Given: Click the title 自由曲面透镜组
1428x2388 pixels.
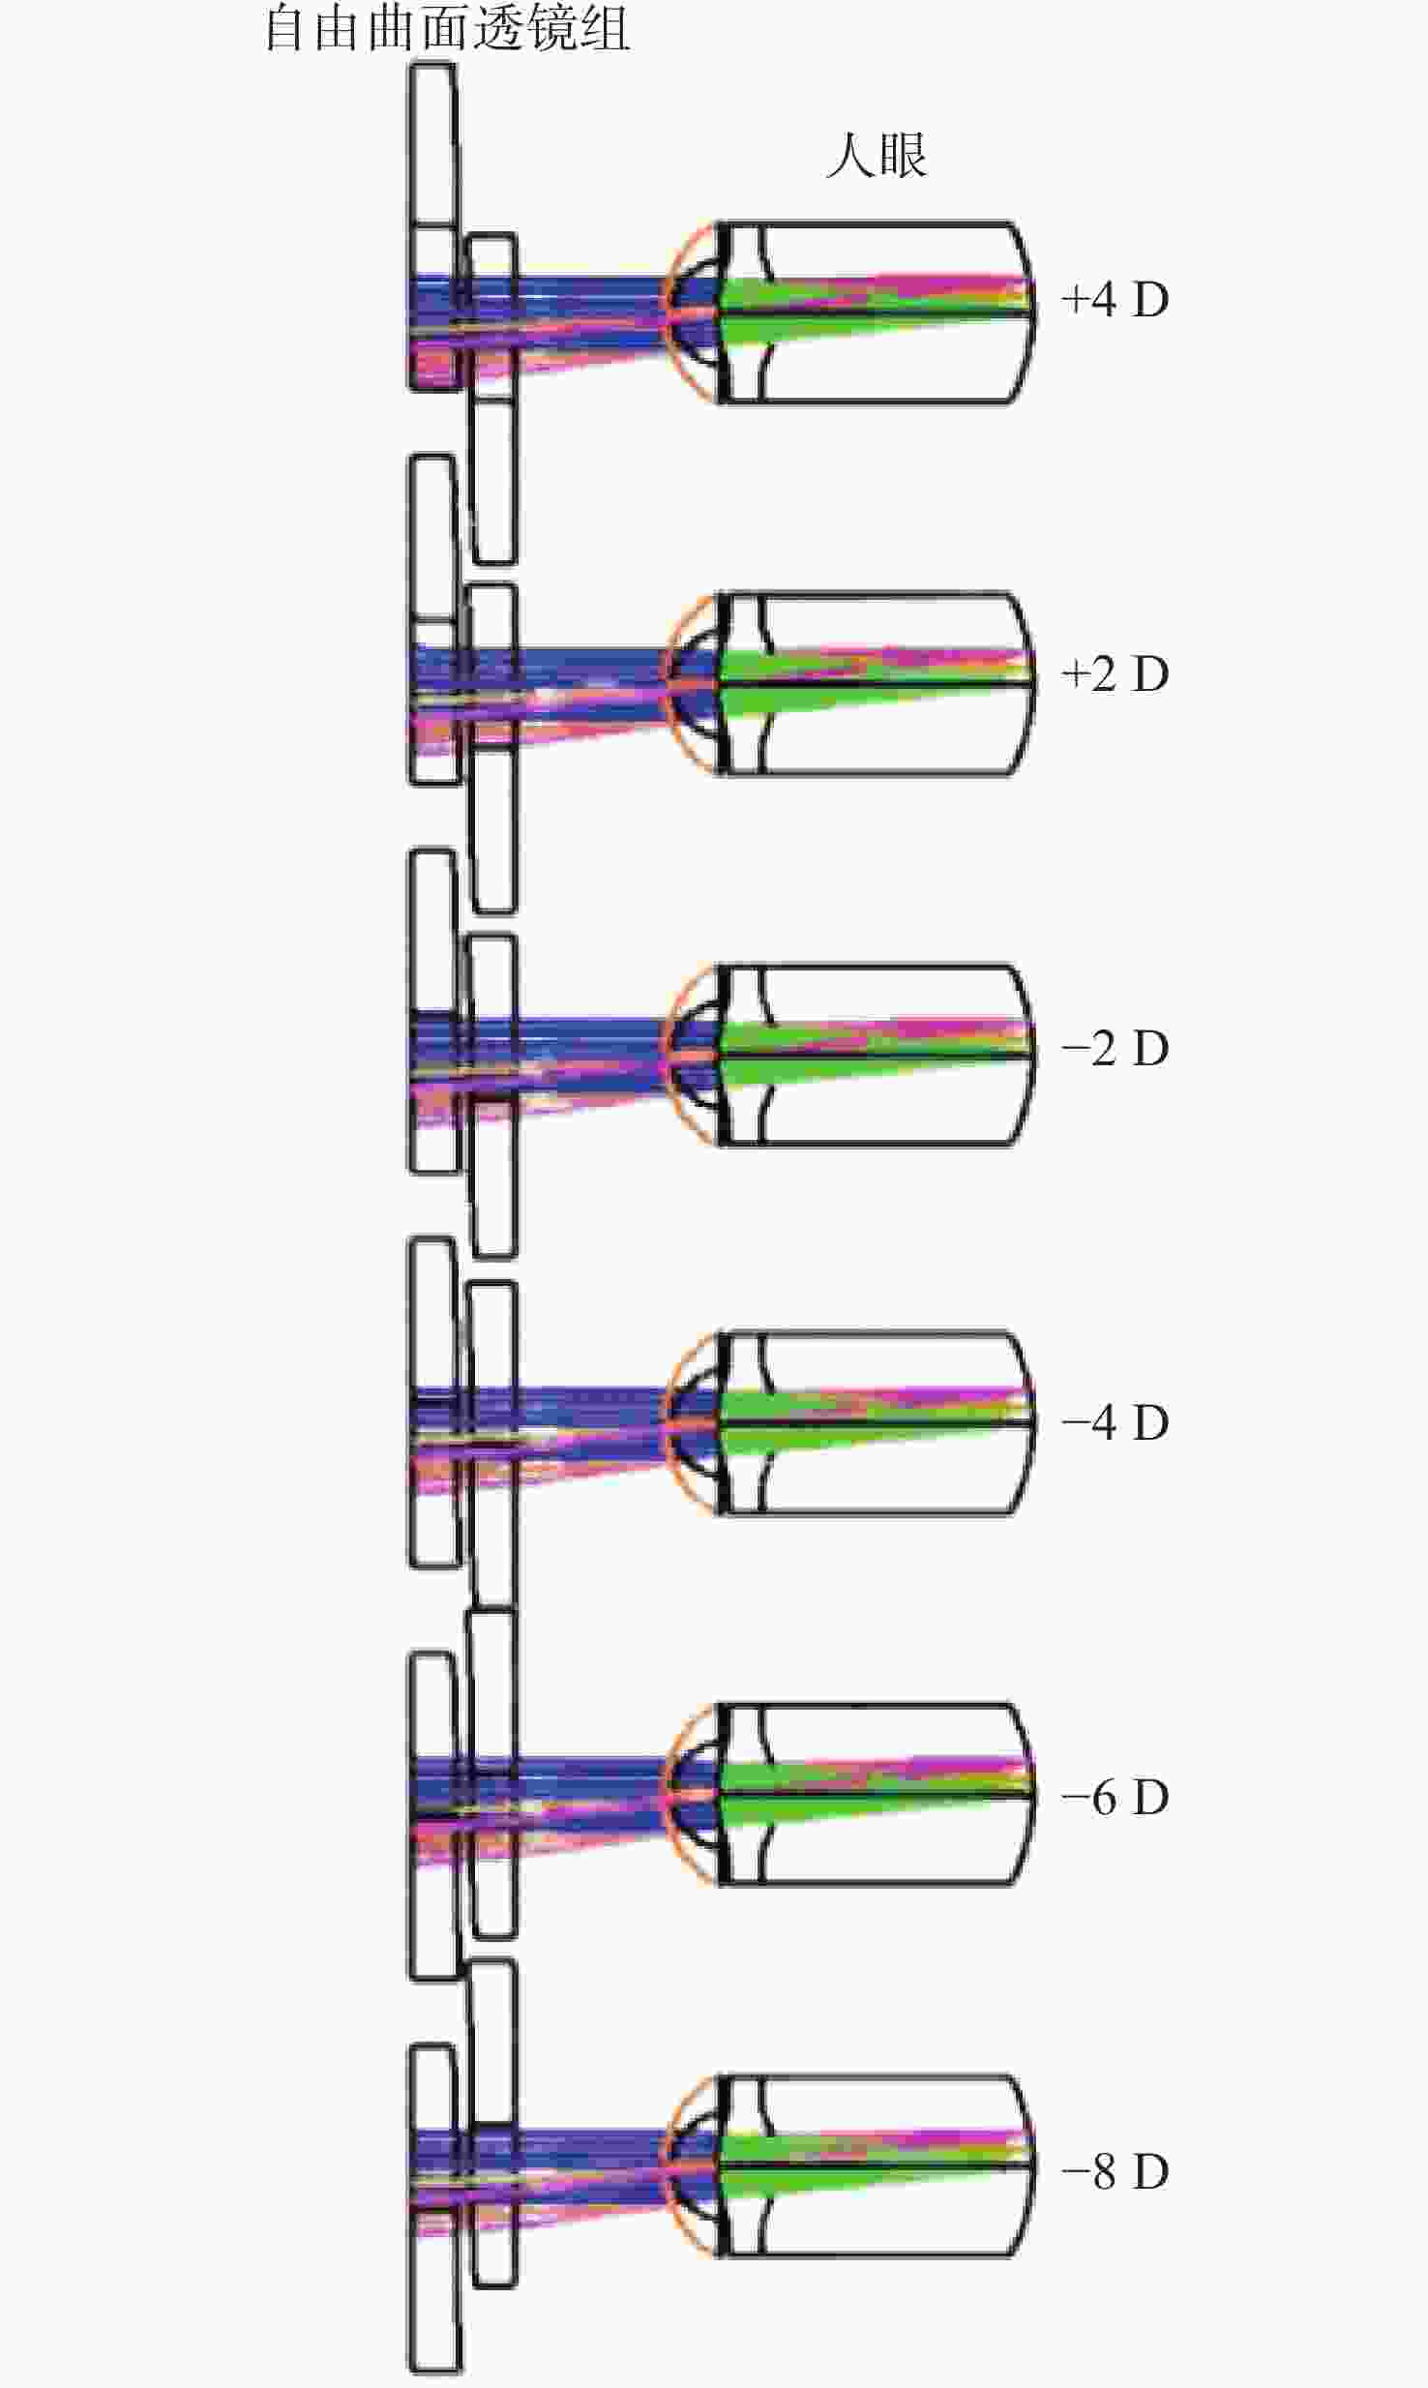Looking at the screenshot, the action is tap(448, 27).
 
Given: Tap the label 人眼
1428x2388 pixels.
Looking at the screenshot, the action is tap(878, 155).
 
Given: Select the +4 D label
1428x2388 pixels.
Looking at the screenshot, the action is tap(1116, 300).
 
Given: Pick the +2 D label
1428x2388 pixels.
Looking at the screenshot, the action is tap(1116, 673).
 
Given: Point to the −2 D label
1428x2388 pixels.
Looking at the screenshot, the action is tap(1116, 1048).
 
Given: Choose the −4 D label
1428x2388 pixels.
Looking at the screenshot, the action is tap(1116, 1422).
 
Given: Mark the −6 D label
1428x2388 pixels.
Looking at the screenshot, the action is tap(1116, 1797).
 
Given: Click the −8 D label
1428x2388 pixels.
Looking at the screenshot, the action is tap(1116, 2171).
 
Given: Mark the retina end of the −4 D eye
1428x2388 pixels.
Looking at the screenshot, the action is tap(1029, 1422).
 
